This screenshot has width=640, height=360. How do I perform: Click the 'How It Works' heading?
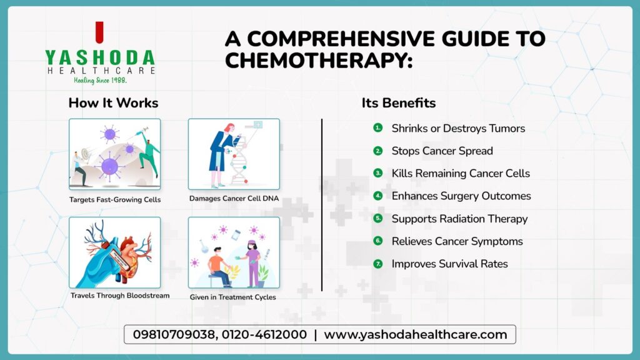point(113,103)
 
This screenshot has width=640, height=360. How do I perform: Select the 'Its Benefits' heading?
point(399,103)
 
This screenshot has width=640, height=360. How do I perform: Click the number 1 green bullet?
point(377,128)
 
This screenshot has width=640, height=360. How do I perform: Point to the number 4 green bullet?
point(377,196)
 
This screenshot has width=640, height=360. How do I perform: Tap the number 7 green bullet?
point(377,264)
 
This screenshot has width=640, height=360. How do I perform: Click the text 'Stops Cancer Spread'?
point(442,151)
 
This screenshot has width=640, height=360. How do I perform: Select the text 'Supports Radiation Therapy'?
point(459,219)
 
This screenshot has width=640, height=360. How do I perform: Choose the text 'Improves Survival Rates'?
point(449,264)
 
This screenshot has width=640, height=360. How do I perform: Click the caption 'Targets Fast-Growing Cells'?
point(115,200)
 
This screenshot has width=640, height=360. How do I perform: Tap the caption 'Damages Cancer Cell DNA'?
point(234,199)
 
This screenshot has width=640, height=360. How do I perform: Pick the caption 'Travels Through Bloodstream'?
point(120,296)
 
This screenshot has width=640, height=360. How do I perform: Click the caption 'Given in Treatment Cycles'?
point(233,297)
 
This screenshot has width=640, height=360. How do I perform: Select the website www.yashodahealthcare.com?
point(415,334)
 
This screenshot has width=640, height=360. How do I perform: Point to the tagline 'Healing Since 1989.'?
point(100,81)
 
